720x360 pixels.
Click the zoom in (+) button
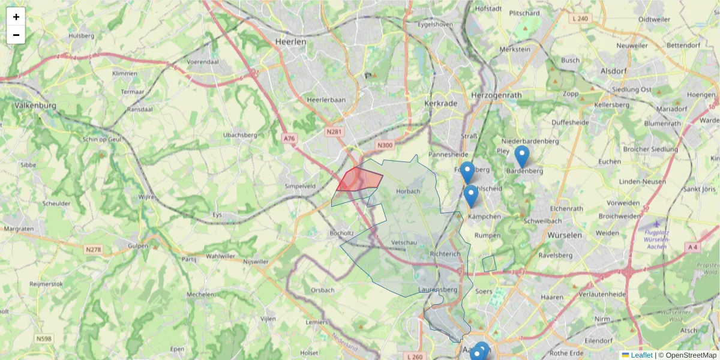coord(16,17)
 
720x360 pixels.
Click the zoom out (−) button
coord(16,35)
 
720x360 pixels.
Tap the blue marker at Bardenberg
coord(522,156)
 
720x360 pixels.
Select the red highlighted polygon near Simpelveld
coord(360,179)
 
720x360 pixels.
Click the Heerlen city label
coord(290,42)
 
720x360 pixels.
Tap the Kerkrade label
coord(441,103)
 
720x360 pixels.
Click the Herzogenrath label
coord(496,95)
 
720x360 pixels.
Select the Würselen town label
coord(565,235)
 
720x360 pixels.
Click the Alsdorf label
coord(613,71)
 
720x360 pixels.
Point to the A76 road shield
coord(290,139)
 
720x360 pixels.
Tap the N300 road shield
coord(385,145)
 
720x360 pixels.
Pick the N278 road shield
coord(93,249)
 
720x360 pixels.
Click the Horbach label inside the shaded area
coord(408,191)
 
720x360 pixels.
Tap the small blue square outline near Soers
coord(489,263)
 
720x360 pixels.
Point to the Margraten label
coord(18,229)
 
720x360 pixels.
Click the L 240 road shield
coord(581,19)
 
